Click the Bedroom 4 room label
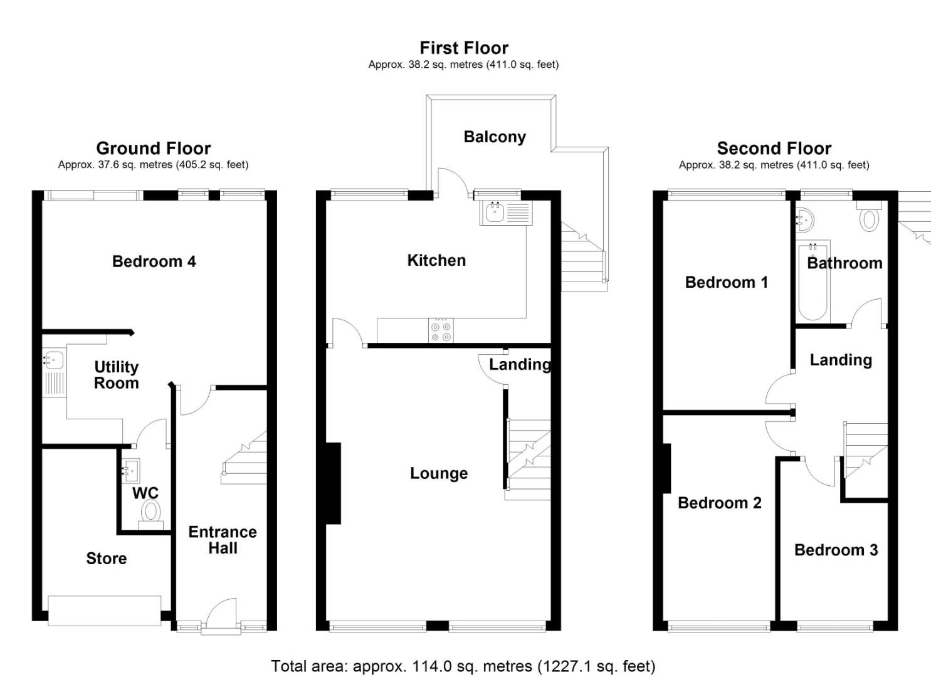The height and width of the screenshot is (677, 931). point(154,261)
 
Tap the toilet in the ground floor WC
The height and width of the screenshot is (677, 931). point(150,513)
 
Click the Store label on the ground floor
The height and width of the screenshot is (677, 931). point(106,558)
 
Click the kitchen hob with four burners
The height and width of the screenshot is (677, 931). point(441,330)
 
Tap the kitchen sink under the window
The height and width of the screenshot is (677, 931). point(495,213)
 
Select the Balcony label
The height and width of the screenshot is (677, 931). point(494,137)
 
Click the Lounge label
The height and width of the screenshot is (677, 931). point(438,473)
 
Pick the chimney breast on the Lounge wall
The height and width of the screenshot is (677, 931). point(333,483)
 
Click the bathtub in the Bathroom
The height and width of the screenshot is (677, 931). point(813,282)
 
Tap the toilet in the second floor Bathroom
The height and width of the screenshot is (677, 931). point(869,218)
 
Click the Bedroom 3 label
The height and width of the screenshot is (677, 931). point(835,550)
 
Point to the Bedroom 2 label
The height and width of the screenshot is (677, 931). point(719,503)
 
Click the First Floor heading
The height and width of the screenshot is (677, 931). point(463,48)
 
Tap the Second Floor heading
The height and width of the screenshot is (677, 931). point(774,149)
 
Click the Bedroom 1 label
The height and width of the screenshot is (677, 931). point(726,282)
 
